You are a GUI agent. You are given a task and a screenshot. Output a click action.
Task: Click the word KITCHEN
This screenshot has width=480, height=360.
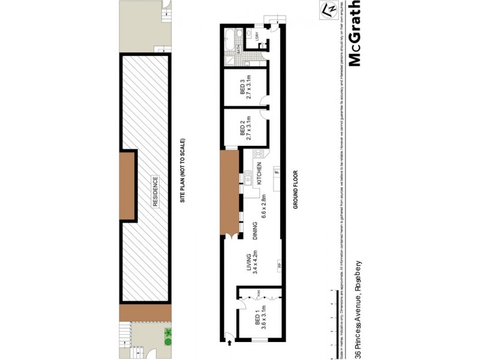click(x=260, y=173)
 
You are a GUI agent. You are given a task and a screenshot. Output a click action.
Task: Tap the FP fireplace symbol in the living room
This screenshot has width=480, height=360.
click(x=279, y=265)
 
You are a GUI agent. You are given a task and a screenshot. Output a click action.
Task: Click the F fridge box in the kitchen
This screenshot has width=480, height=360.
click(x=276, y=172)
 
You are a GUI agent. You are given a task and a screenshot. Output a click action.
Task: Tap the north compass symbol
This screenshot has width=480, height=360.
click(x=328, y=11)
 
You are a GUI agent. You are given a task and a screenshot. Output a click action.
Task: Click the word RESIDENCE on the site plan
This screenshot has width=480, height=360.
click(x=154, y=192)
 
